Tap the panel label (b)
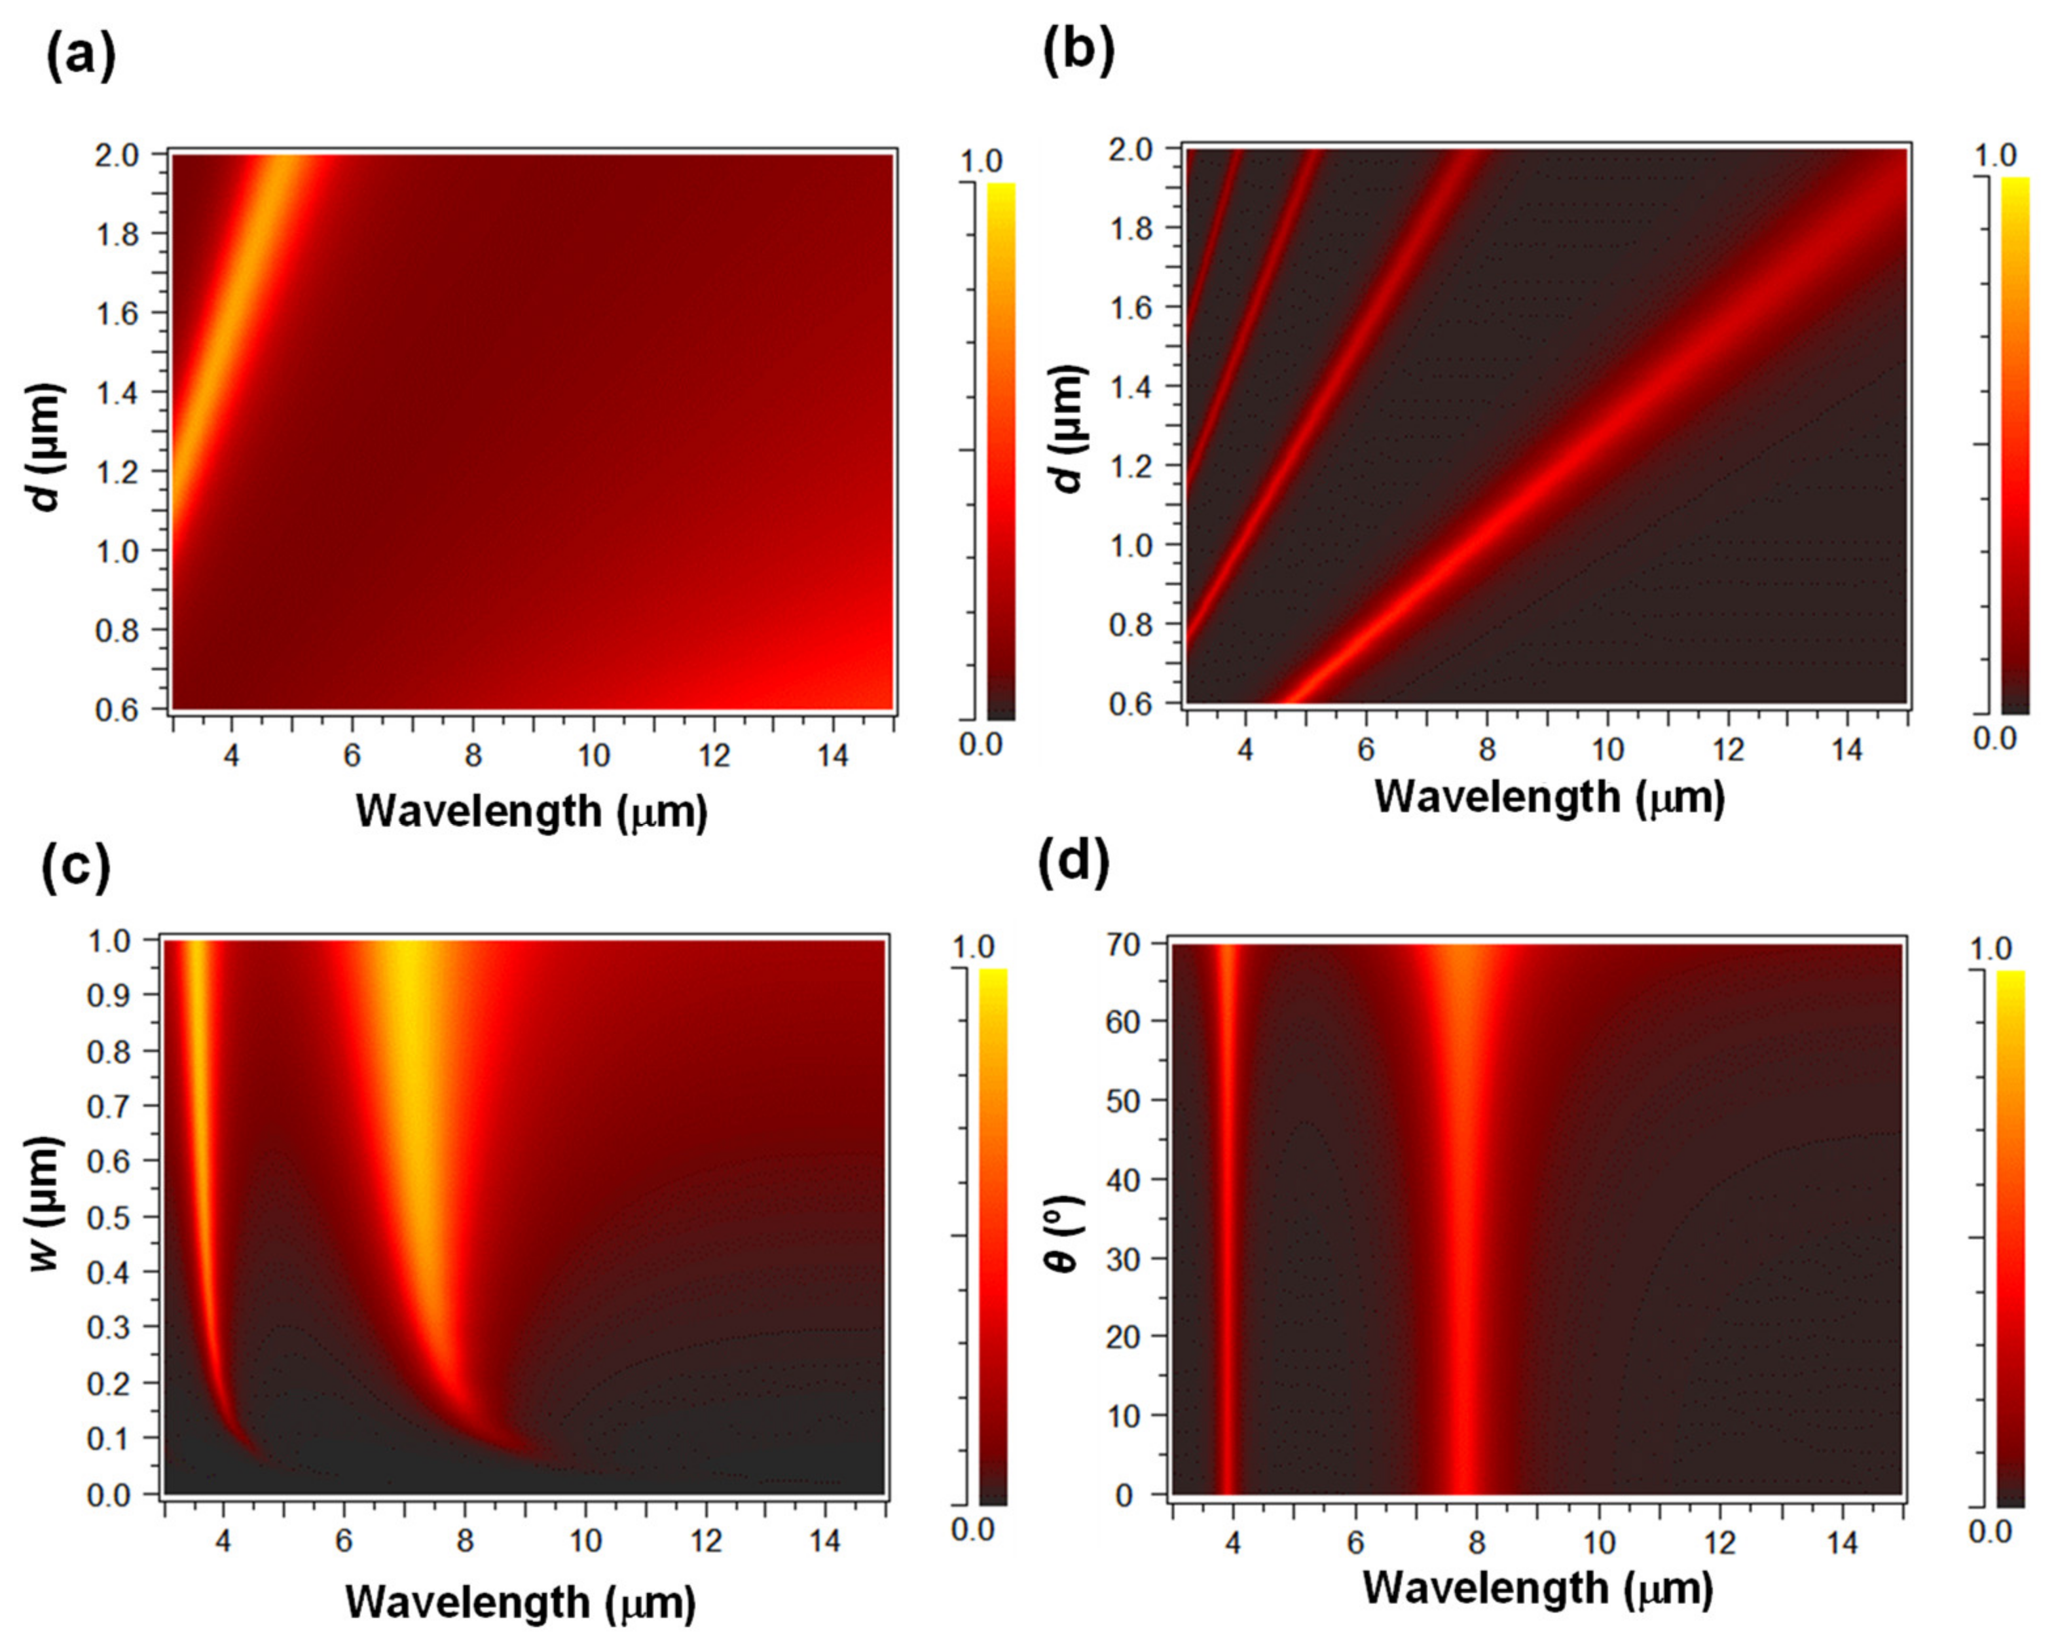(1078, 52)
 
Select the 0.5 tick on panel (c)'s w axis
(111, 1217)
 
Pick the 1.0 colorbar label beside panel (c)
(973, 947)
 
